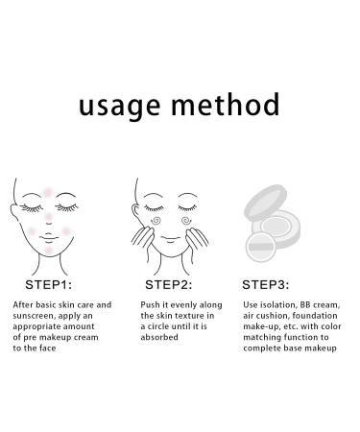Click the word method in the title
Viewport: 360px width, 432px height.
[226, 103]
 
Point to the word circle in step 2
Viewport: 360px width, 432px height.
[166, 326]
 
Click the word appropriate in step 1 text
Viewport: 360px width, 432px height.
[37, 326]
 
